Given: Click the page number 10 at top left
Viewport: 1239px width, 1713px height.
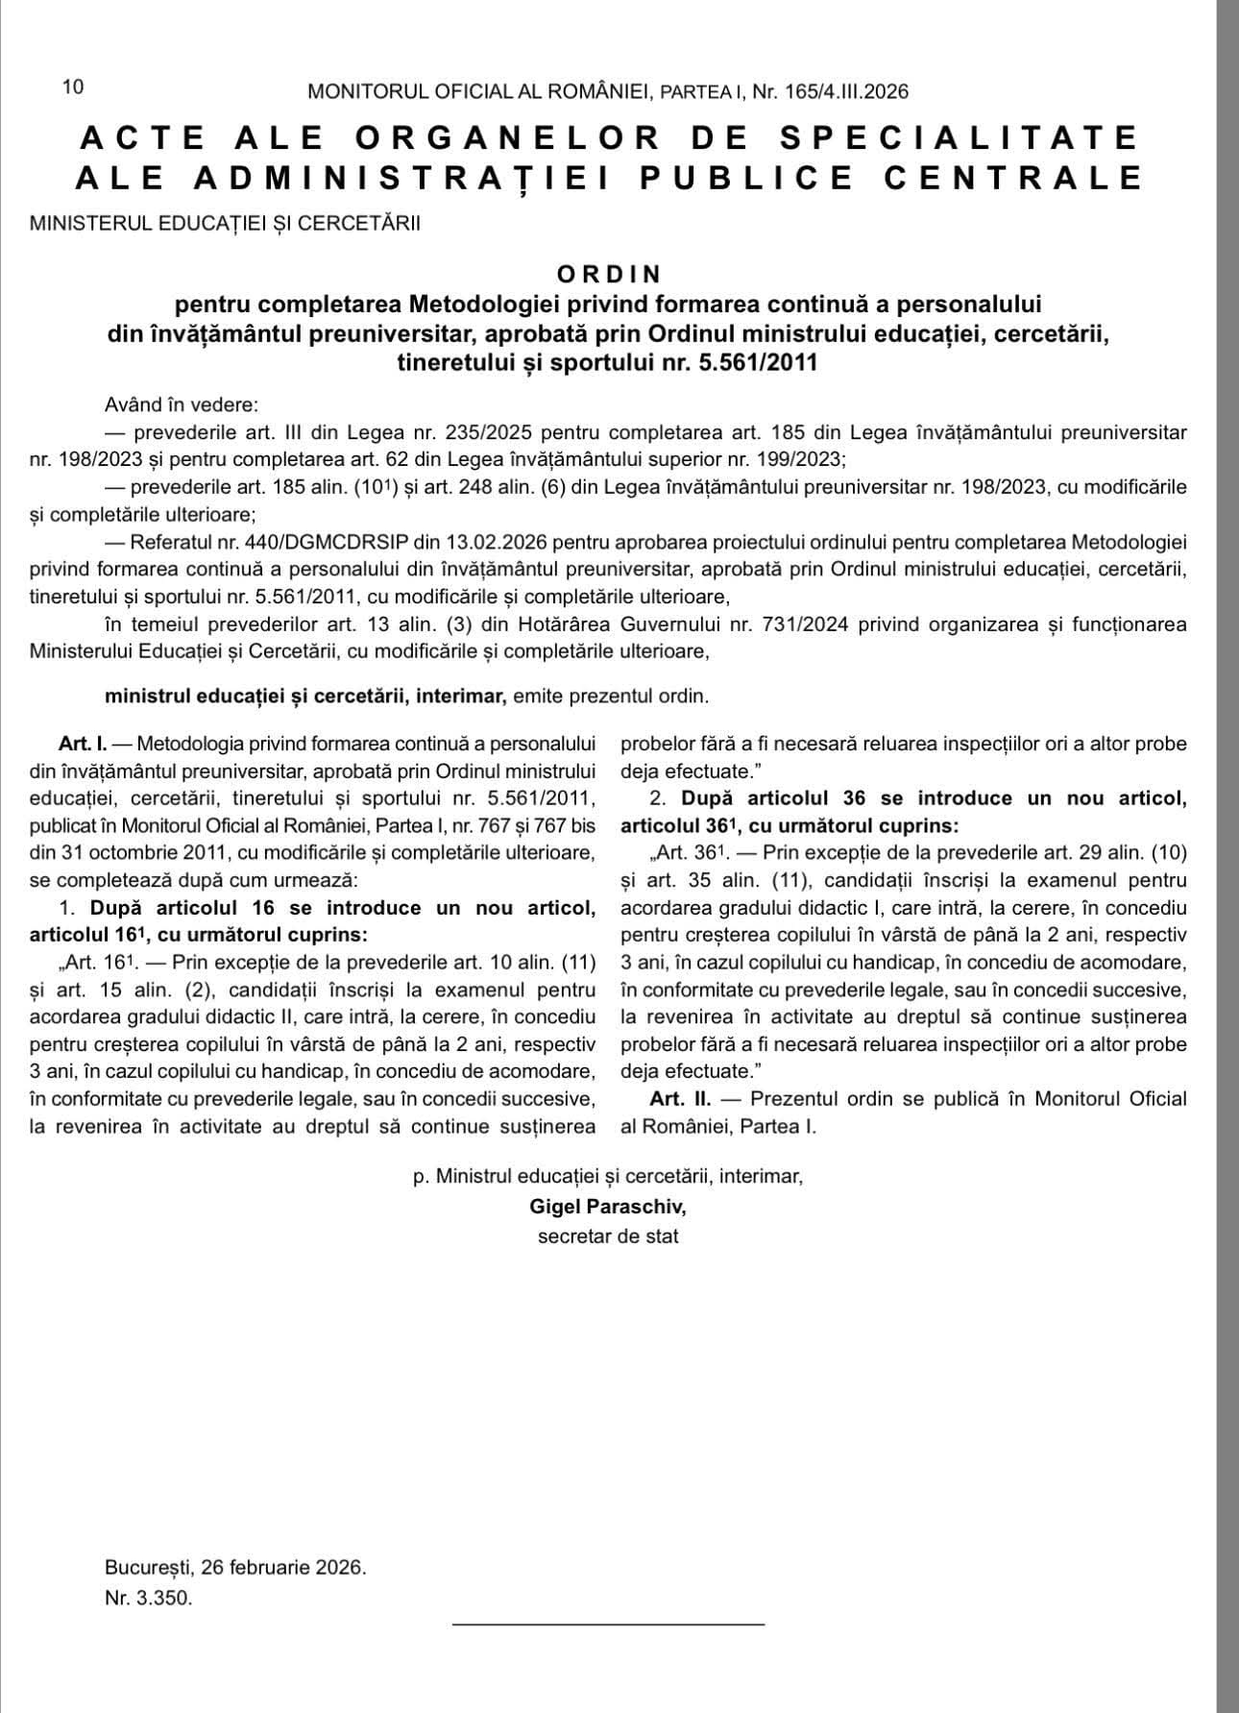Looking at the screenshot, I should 73,86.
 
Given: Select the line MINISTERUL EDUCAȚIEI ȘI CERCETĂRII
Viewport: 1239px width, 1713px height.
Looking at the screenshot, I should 225,224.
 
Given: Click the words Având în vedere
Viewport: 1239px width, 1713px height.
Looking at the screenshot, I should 182,404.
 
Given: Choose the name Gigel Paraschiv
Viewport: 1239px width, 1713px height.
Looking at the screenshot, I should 608,1206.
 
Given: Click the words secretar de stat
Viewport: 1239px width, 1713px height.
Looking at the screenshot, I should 608,1236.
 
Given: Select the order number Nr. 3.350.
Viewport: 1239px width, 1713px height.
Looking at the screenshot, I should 149,1599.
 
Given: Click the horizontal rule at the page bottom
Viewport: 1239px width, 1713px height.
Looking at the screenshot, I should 608,1624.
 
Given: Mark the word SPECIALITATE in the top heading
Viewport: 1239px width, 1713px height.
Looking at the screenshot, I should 959,137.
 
